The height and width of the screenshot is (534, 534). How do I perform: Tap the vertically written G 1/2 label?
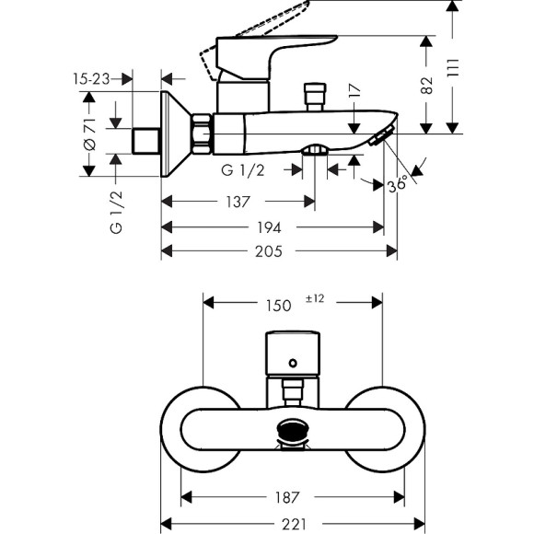point(117,211)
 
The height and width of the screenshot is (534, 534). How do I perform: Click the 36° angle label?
point(398,184)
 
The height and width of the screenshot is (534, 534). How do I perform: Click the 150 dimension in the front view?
point(279,304)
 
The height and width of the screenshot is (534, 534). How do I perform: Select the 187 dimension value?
point(287,498)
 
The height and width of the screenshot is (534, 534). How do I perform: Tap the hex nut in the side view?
point(202,133)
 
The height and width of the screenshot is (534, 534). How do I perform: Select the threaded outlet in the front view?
point(292,429)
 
